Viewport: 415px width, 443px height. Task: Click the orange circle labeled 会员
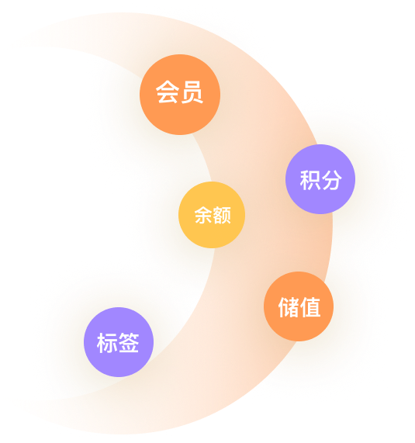click(180, 95)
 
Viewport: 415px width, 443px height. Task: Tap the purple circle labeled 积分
click(320, 179)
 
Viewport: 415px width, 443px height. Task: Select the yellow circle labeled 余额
click(212, 215)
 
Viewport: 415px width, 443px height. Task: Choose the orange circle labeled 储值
click(299, 306)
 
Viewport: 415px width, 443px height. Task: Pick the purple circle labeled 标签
click(119, 342)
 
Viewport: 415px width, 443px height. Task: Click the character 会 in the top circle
click(168, 92)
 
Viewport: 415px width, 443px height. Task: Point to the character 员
click(192, 92)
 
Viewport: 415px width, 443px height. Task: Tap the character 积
click(310, 180)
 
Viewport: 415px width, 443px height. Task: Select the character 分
click(332, 180)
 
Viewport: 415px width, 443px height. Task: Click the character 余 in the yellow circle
click(203, 215)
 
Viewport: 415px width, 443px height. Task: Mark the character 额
click(222, 215)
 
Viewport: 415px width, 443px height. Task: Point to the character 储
click(289, 307)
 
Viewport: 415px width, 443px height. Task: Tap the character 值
click(310, 307)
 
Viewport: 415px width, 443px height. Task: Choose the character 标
click(107, 343)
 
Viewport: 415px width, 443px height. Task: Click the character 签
click(129, 342)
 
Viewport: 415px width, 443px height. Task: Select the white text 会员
click(180, 92)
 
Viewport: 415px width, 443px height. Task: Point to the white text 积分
click(321, 180)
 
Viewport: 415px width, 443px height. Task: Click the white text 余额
click(213, 215)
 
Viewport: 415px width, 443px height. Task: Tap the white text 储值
click(299, 307)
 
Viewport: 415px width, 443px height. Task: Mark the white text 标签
click(118, 343)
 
